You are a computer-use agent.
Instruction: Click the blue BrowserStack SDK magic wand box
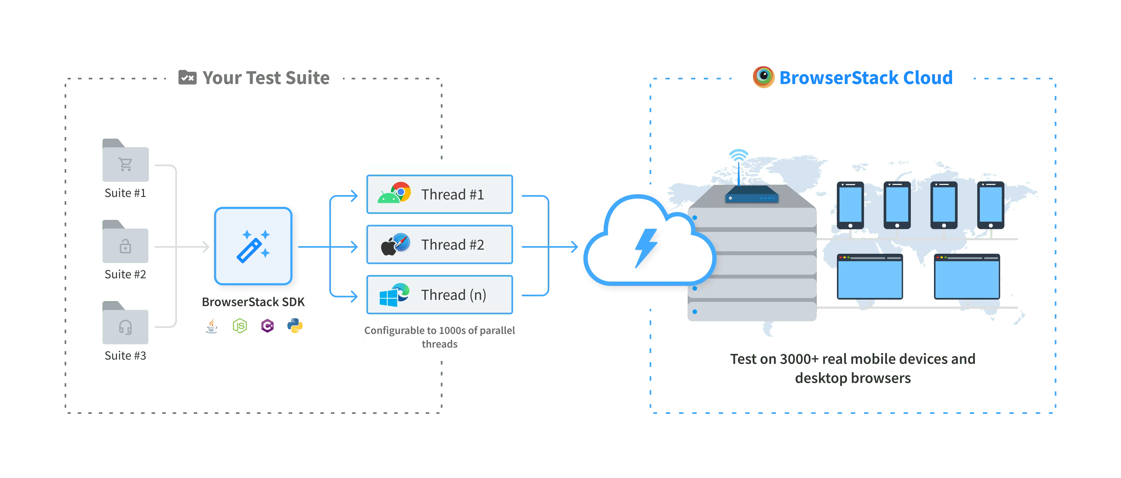(x=253, y=246)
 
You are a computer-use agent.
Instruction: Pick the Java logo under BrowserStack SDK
(x=212, y=326)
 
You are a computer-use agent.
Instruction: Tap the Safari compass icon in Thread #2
(x=402, y=243)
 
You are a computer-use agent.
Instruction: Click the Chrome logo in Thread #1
(x=401, y=192)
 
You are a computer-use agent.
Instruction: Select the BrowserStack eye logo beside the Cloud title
(x=764, y=77)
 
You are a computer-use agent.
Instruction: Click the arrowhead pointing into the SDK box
(x=204, y=246)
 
